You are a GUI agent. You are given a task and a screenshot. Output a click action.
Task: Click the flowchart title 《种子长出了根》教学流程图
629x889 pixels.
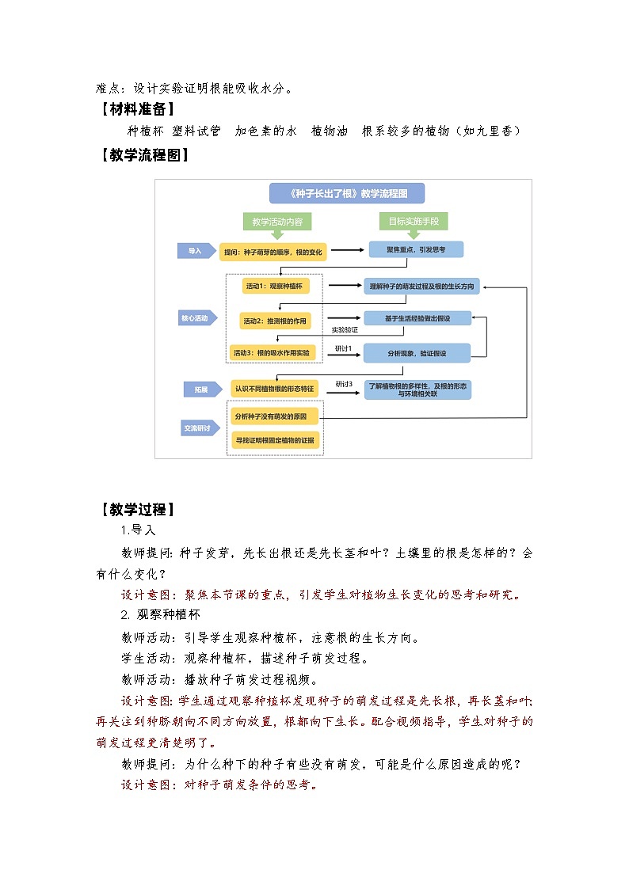click(x=346, y=193)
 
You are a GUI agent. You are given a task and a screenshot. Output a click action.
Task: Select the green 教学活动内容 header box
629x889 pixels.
click(x=276, y=222)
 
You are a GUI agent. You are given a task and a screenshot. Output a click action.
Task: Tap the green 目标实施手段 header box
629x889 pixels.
click(x=413, y=222)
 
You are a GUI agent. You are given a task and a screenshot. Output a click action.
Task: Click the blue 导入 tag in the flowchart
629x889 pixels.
click(x=195, y=251)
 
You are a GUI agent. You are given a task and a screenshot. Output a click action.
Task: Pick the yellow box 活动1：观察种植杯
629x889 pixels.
click(x=274, y=286)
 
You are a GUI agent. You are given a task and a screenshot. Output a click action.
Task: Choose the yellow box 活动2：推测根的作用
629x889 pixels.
click(x=275, y=321)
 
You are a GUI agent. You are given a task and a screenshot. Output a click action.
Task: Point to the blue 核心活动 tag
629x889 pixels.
click(x=195, y=318)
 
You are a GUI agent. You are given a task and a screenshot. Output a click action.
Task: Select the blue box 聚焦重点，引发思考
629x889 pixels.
click(x=415, y=250)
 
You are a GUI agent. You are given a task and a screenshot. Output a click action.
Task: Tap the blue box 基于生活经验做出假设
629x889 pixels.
click(x=417, y=318)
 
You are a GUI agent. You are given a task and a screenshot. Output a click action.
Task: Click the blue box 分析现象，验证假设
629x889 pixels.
click(x=417, y=351)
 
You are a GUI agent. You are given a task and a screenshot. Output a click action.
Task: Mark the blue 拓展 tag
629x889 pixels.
click(x=195, y=389)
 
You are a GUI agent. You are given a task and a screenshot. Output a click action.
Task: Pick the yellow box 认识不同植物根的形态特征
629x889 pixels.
click(x=274, y=388)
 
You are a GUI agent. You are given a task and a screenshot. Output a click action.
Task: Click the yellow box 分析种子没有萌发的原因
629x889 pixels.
click(x=275, y=416)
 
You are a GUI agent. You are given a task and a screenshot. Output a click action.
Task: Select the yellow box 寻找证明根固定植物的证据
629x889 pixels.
click(x=275, y=439)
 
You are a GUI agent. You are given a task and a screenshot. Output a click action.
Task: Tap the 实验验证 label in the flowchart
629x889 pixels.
click(x=345, y=330)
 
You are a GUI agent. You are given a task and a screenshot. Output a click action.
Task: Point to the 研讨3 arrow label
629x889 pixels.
click(x=343, y=383)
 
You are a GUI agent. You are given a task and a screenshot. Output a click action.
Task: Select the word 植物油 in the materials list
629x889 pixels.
click(x=330, y=131)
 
